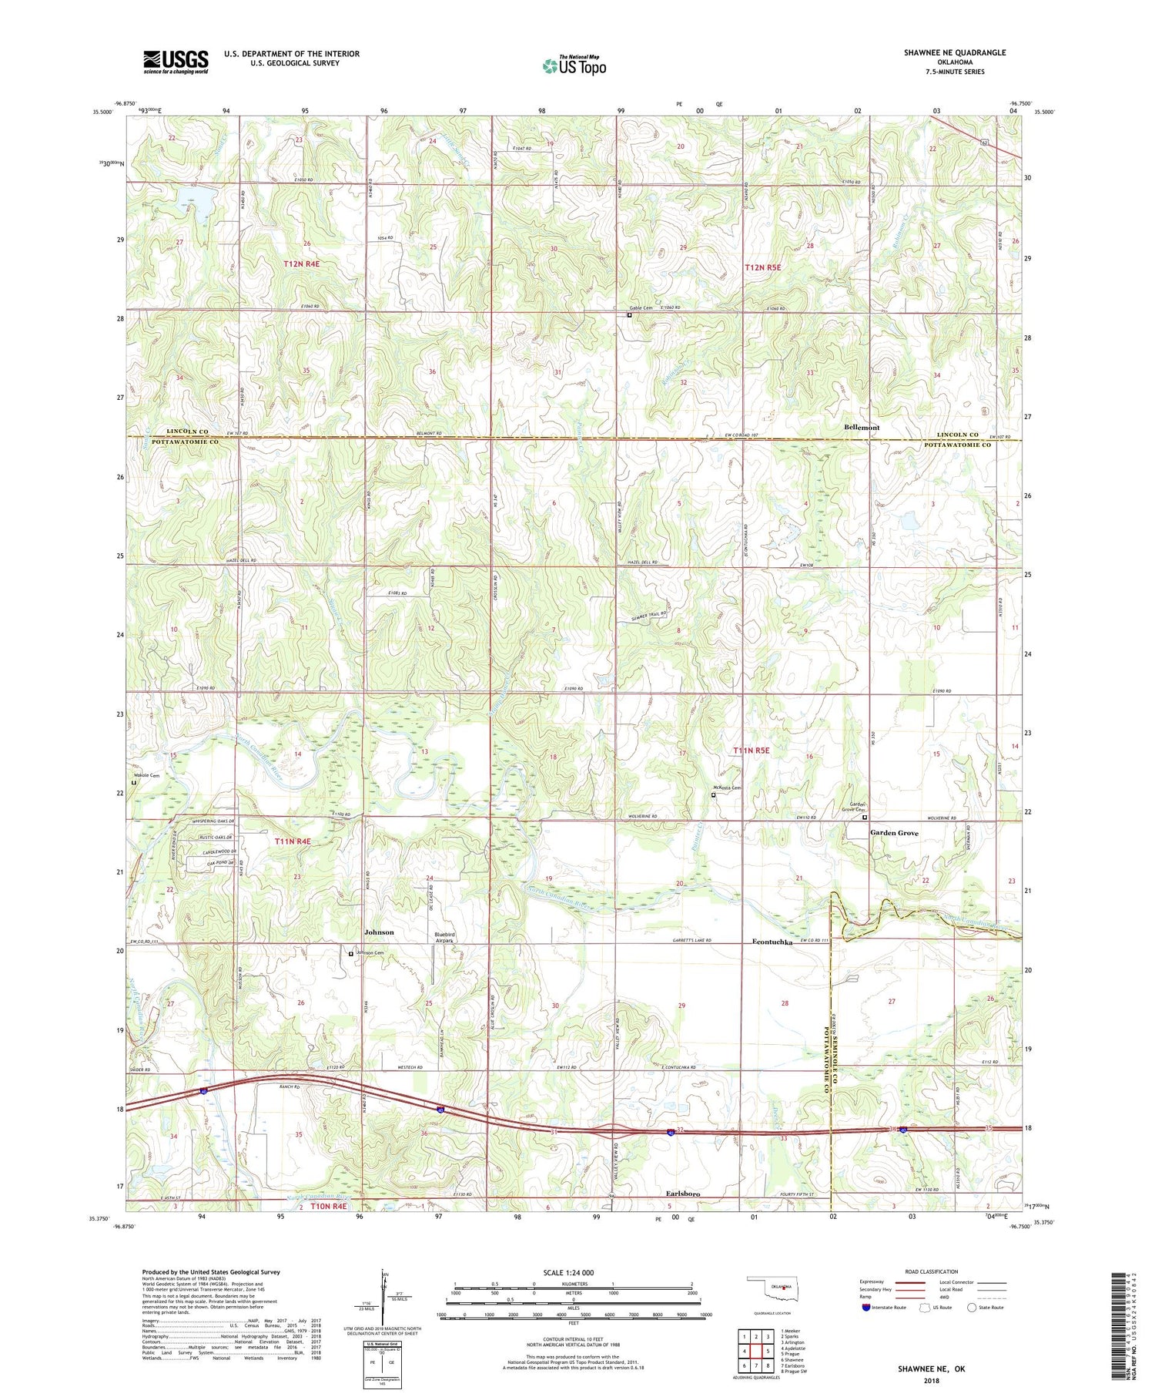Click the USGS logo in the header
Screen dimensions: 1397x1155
[176, 62]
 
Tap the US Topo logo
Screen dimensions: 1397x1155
[574, 65]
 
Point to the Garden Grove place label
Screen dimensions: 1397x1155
[894, 833]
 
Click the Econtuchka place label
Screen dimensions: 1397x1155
[772, 942]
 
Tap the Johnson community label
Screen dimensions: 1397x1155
[379, 932]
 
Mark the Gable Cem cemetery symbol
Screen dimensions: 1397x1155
[629, 314]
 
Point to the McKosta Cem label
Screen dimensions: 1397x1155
[727, 787]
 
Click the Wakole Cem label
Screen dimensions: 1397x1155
[146, 775]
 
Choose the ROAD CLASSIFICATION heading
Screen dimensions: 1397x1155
[932, 1271]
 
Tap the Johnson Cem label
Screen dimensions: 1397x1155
[367, 953]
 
